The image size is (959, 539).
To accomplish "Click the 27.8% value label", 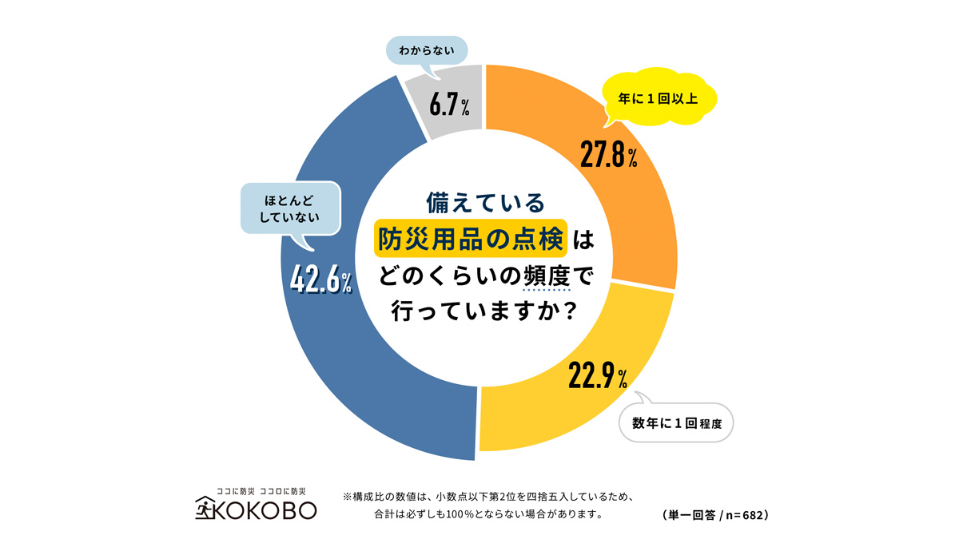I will point(608,155).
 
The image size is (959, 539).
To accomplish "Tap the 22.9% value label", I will point(597,375).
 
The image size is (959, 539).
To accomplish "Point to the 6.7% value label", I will point(448,104).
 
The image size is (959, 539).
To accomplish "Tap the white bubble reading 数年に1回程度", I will point(676,422).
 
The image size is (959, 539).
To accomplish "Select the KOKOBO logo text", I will point(268,509).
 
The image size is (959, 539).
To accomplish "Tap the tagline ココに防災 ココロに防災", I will point(260,489).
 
